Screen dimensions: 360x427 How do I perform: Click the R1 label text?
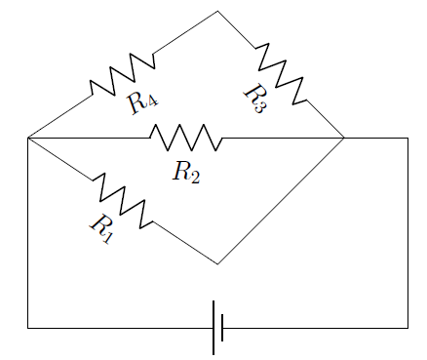point(101,228)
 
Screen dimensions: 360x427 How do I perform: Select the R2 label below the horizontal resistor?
point(186,173)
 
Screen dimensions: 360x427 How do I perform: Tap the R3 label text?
point(253,100)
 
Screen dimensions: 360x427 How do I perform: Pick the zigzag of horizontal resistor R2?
point(186,138)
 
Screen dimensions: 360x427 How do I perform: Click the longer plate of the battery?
point(213,328)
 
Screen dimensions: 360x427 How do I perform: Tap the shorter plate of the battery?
point(223,328)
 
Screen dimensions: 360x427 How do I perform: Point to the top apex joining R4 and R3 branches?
point(217,11)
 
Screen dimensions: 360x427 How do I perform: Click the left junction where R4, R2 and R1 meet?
point(28,139)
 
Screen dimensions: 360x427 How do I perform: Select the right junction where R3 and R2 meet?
point(344,139)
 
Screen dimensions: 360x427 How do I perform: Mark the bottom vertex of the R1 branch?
point(217,263)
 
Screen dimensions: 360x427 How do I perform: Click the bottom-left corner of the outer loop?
point(28,328)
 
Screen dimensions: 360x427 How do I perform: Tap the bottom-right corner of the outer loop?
point(408,328)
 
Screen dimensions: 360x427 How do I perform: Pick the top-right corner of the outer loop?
point(408,139)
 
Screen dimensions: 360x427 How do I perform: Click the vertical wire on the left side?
point(28,234)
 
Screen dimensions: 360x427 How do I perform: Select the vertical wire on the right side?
point(408,234)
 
